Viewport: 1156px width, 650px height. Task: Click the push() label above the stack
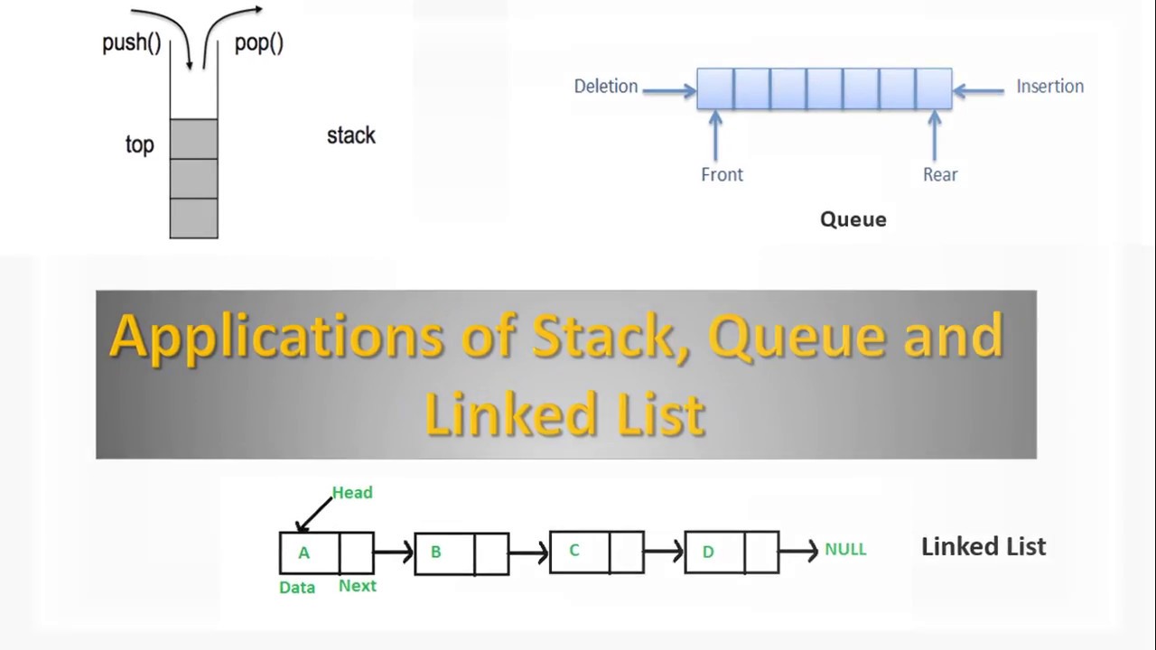[x=131, y=44]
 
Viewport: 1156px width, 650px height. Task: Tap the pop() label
[x=258, y=44]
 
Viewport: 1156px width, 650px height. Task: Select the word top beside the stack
[x=139, y=145]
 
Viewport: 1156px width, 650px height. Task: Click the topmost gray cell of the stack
[x=194, y=139]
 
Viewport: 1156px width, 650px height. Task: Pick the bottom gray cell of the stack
[x=194, y=218]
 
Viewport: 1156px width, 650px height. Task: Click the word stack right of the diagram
[x=350, y=136]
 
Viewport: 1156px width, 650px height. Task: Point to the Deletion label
[x=606, y=87]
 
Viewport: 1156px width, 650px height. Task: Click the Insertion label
[x=1049, y=87]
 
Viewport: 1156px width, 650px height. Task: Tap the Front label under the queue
[x=722, y=174]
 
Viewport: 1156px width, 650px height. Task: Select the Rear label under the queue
[x=940, y=174]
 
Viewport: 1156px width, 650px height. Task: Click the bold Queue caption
[x=853, y=219]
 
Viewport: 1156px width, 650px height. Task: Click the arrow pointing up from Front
[x=715, y=135]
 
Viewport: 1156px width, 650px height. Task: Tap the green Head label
[x=352, y=493]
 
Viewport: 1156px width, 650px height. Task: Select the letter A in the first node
[x=304, y=552]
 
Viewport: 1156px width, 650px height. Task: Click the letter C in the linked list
[x=573, y=551]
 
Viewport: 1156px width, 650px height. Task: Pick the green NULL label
[x=845, y=549]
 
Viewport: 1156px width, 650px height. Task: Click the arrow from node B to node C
[x=529, y=552]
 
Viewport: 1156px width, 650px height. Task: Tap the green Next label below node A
[x=358, y=586]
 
